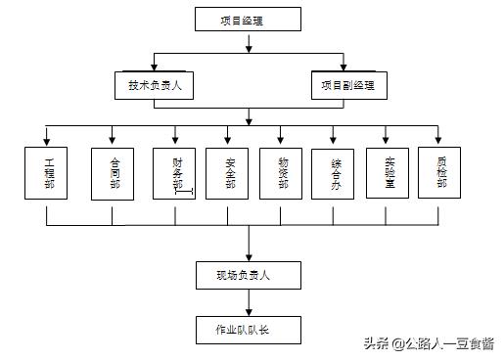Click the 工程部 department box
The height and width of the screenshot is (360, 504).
(x=48, y=173)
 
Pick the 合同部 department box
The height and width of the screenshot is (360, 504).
(x=114, y=173)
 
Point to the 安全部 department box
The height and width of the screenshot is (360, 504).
(x=229, y=173)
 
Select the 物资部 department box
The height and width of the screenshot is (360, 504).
(x=282, y=173)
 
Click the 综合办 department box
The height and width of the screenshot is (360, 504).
(x=334, y=173)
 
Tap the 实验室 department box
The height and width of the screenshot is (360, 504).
(x=387, y=173)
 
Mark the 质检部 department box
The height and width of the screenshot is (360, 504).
(x=439, y=173)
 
